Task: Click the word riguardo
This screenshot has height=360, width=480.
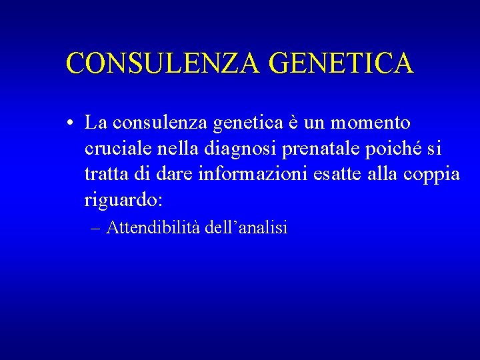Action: pos(125,200)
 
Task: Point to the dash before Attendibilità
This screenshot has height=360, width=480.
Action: pos(94,228)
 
